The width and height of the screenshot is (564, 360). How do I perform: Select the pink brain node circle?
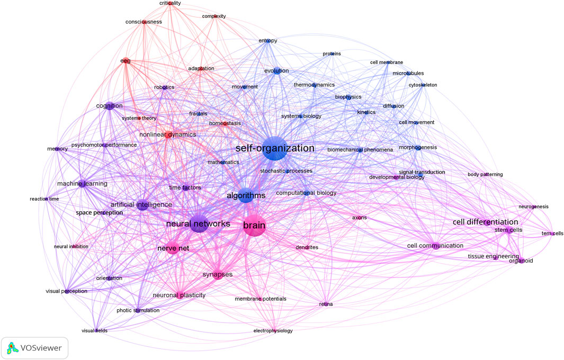point(254,226)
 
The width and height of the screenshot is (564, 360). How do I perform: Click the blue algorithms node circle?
point(246,195)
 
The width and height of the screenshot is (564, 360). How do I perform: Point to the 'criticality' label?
point(170,3)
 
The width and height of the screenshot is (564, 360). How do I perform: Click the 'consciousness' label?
point(144,22)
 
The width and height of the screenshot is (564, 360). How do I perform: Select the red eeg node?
point(126,61)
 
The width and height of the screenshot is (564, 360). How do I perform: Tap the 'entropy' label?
point(268,41)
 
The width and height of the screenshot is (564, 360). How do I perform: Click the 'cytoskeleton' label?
point(423,85)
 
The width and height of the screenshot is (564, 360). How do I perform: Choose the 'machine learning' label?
point(82,184)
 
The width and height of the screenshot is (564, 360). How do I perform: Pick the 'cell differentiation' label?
point(485,222)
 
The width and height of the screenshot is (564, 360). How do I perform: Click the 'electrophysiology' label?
point(273,331)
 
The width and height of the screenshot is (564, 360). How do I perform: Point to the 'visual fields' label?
point(94,331)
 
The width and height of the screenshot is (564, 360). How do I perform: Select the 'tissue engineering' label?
point(493,256)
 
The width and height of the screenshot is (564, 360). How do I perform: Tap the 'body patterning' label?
point(485,175)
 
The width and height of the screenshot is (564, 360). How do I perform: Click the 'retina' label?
point(326,304)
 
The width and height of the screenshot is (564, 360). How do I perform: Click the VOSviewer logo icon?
point(12,348)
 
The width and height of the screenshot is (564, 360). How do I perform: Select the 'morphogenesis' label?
point(417,147)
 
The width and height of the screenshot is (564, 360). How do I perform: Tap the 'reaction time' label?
point(44,199)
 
